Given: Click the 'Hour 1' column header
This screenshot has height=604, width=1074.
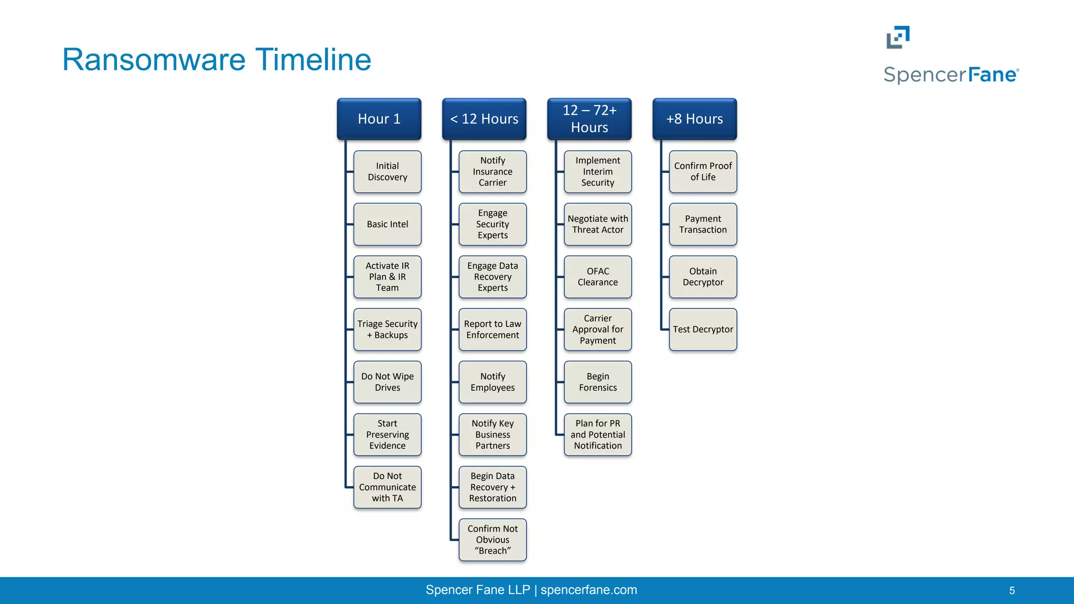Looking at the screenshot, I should (379, 119).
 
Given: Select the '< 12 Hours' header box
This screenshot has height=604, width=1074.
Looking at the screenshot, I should (484, 119).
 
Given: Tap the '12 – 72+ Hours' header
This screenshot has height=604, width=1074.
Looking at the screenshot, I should (589, 119).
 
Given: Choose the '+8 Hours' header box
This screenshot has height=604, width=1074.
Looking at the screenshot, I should (694, 119).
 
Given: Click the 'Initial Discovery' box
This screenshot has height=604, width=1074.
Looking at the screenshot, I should (387, 172).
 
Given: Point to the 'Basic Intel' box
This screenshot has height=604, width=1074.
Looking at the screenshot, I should (387, 224).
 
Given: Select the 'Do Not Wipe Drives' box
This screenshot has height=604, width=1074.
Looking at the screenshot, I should (387, 382).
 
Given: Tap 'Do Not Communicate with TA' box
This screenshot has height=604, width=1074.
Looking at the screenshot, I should (387, 487).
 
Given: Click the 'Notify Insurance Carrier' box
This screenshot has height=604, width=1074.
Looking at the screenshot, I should (492, 172).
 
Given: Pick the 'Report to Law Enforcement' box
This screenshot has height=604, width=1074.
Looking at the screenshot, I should (492, 330).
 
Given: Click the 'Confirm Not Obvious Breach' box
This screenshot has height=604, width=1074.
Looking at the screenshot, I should (492, 540).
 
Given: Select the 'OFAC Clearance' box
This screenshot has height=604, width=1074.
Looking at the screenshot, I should (598, 277).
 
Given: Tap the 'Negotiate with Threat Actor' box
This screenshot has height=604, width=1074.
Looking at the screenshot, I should (598, 224).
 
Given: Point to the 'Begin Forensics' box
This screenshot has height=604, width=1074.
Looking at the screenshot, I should (598, 382).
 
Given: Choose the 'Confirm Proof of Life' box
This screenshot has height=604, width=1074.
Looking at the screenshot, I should (703, 172).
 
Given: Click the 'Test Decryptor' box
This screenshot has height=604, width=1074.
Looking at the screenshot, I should (703, 330).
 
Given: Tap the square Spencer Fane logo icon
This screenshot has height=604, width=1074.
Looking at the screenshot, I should (898, 37).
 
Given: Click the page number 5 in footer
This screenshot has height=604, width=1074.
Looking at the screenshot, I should (1012, 591).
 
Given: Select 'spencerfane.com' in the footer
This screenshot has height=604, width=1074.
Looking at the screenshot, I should (588, 590).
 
